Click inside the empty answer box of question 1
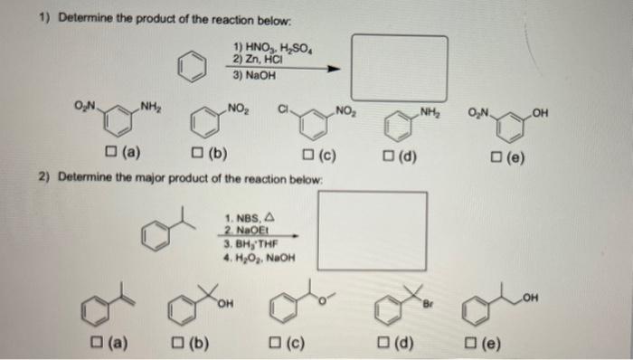(x=398, y=67)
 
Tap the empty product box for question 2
(x=372, y=228)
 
